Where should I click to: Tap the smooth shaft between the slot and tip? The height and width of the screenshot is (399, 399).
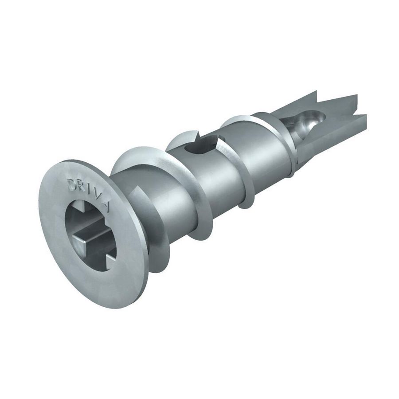[x=262, y=151]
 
